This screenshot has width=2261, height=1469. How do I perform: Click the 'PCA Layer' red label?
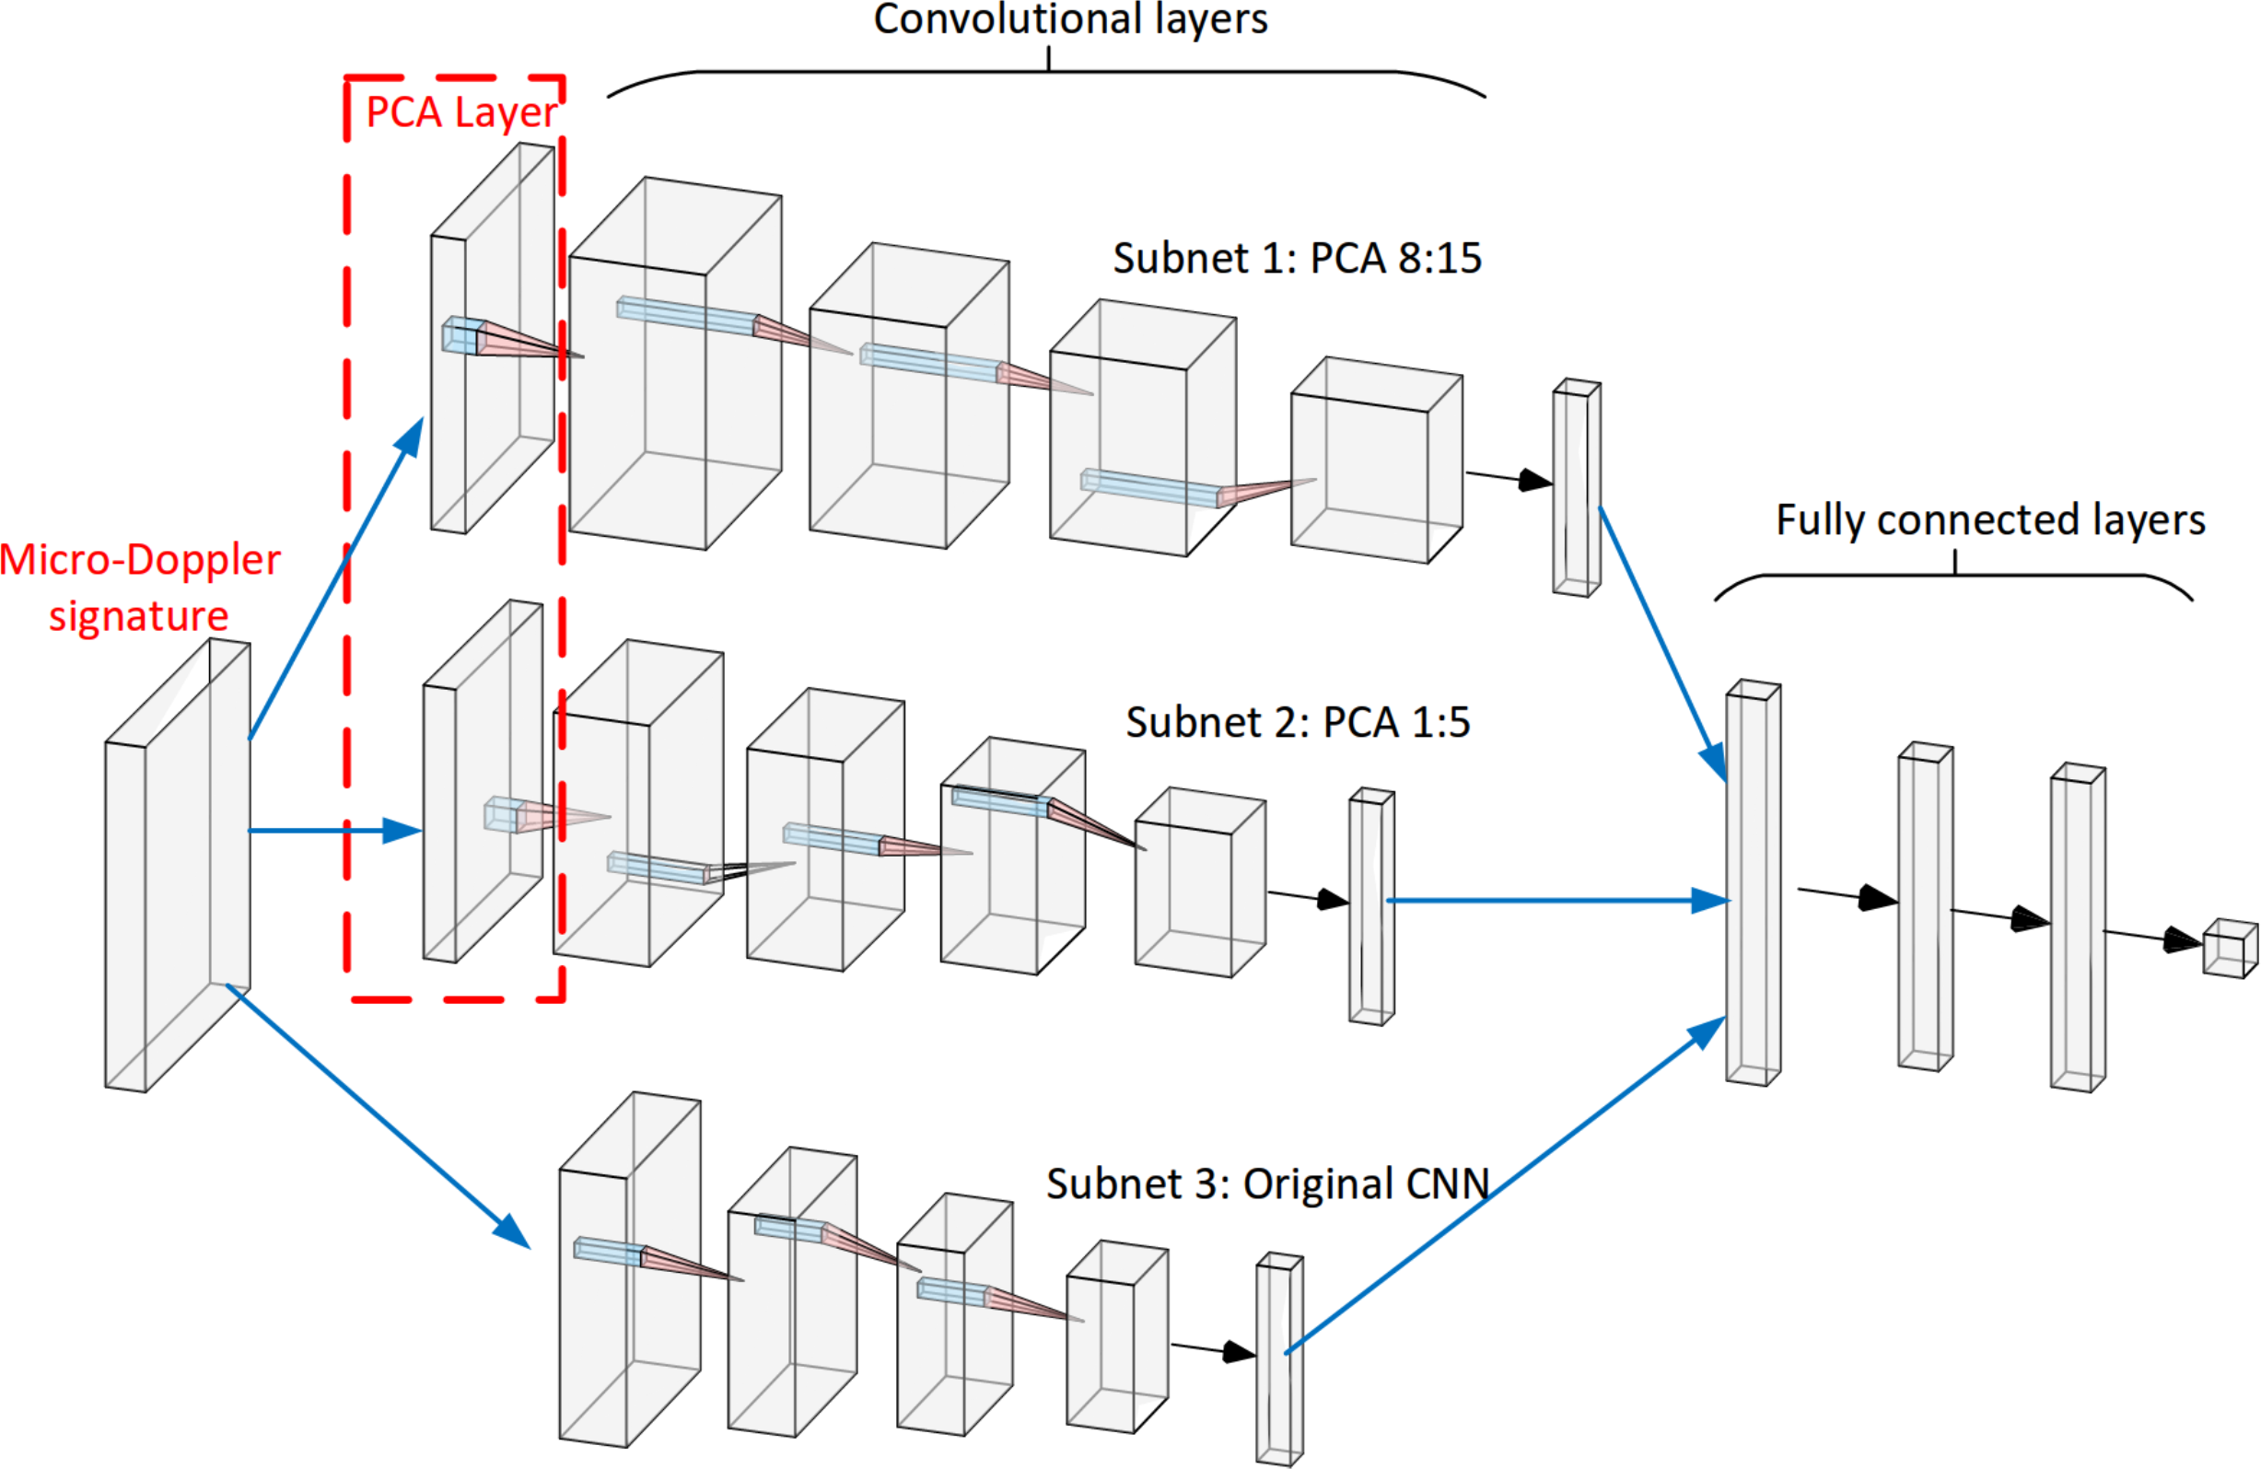460,112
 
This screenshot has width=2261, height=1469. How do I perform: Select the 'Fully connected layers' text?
1990,519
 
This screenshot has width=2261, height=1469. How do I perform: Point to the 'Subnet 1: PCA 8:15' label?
1297,259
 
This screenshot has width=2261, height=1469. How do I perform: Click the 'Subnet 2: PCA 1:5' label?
1298,722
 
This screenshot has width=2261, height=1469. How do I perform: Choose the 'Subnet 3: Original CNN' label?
1267,1183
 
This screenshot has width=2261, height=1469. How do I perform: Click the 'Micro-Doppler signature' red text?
140,588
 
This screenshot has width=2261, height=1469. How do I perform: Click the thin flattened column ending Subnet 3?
1278,1358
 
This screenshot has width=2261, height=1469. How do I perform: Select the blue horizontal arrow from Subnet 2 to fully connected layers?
1558,900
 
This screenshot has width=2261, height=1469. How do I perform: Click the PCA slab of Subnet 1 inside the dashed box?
492,338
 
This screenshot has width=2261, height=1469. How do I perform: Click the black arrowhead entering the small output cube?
2181,940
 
